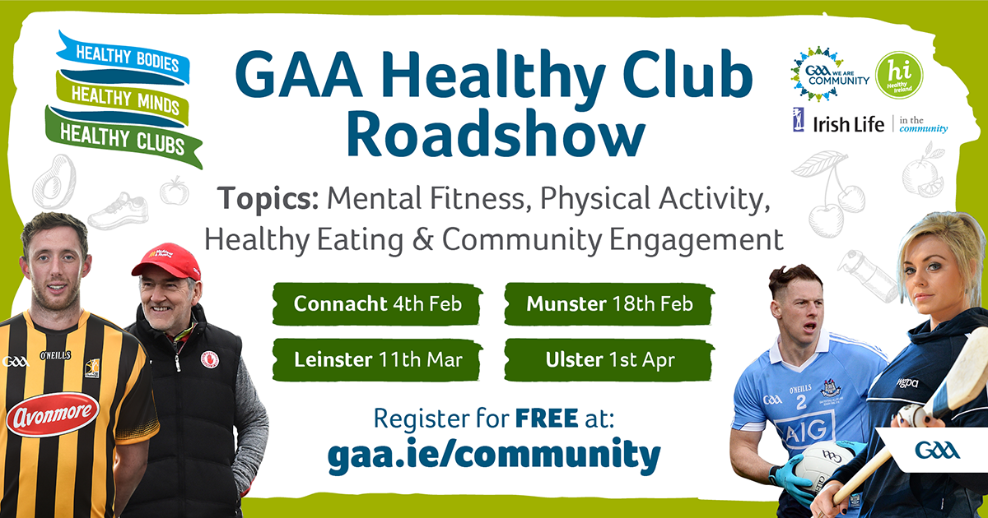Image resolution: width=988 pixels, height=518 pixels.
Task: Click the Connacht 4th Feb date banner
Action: pos(377,304)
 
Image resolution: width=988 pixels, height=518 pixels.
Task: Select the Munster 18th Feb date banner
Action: pos(609,304)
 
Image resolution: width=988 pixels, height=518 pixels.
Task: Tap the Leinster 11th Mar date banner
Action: pos(377,360)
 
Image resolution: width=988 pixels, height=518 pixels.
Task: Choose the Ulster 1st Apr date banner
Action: pos(609,360)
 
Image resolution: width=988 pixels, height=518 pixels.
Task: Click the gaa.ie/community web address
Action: pos(494,455)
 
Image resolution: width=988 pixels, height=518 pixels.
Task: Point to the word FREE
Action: pos(547,418)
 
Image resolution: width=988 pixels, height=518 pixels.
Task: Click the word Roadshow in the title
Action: pos(496,134)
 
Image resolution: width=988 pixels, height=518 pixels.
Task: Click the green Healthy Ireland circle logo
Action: pos(899,75)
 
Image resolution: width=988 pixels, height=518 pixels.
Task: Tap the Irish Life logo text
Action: pos(848,125)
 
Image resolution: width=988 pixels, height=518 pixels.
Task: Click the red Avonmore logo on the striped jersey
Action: pos(53,414)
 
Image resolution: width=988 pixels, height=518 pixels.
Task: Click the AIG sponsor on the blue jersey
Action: pos(805,430)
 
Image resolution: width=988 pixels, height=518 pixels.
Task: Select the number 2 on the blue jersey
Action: pos(801,401)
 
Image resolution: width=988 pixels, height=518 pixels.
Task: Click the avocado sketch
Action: pos(54,182)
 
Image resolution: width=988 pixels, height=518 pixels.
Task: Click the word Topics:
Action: pos(268,199)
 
